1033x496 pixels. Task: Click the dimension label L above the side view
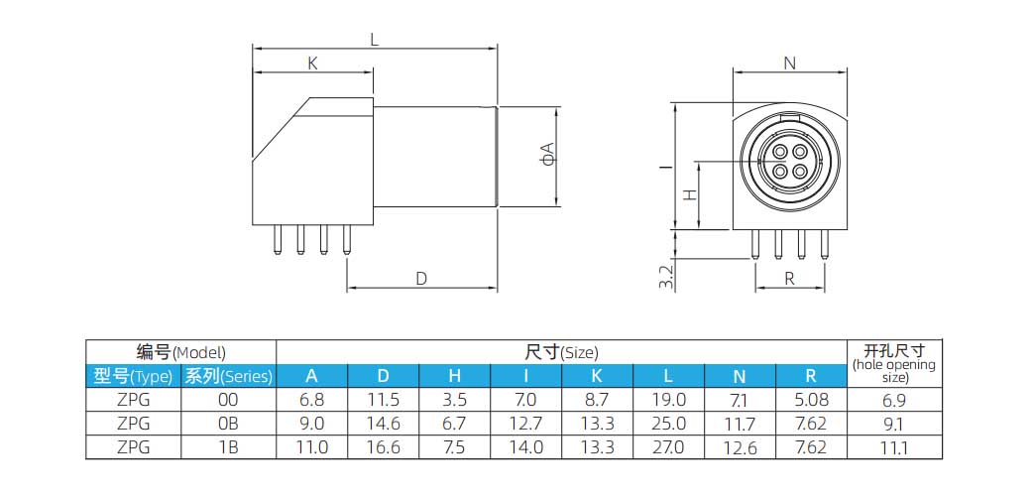click(374, 41)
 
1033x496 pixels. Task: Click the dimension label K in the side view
click(312, 63)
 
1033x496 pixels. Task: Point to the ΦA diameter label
click(546, 153)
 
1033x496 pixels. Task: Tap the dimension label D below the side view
click(421, 279)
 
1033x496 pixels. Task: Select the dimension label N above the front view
click(790, 63)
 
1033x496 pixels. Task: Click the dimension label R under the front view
click(790, 279)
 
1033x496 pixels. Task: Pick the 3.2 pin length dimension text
click(666, 277)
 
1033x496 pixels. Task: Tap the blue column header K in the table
click(597, 376)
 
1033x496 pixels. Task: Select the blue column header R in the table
click(811, 376)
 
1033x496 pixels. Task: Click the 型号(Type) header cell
click(133, 376)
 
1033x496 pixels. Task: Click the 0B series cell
click(228, 424)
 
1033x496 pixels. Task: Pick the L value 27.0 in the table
click(668, 447)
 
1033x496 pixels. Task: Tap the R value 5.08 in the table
click(811, 400)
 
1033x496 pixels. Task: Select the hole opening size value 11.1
click(894, 447)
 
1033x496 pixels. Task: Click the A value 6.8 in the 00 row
click(311, 400)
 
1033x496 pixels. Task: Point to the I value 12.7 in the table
click(525, 424)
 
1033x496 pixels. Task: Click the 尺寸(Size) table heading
click(561, 352)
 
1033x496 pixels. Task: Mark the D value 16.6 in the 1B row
click(383, 447)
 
